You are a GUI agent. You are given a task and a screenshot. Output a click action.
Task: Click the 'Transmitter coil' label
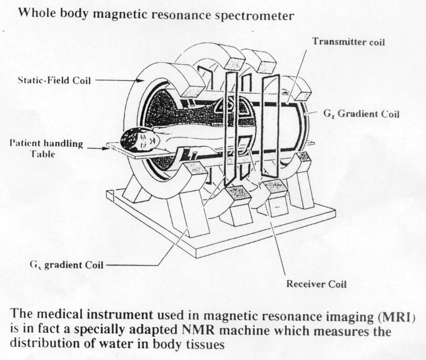pyautogui.click(x=348, y=42)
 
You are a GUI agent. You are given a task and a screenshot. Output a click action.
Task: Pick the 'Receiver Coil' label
pyautogui.click(x=316, y=284)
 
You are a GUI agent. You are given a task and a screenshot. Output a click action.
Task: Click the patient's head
pyautogui.click(x=139, y=140)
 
